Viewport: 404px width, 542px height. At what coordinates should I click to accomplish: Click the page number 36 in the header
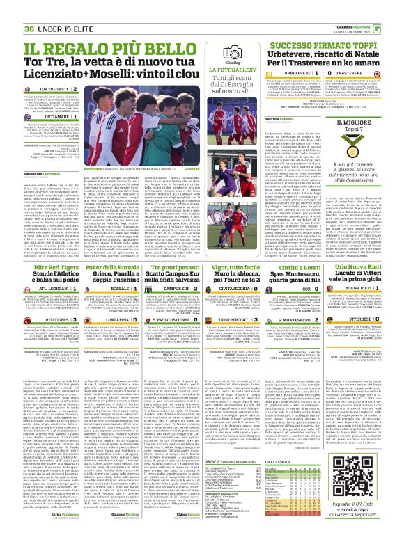click(x=10, y=29)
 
